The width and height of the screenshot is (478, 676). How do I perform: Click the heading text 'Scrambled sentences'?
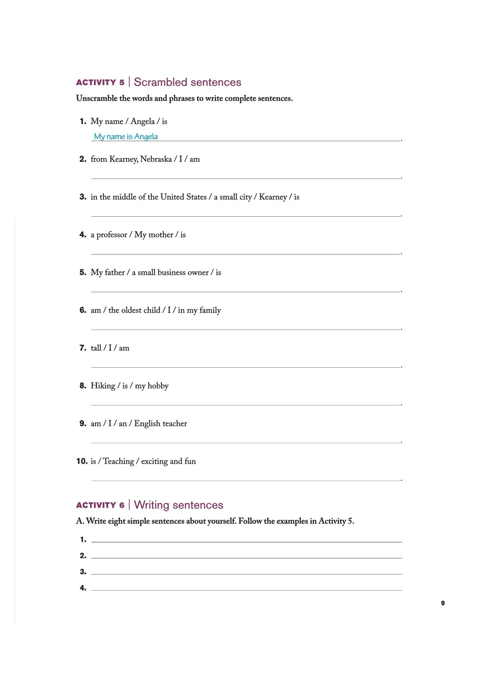pos(187,82)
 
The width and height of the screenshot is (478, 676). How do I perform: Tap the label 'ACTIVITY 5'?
pos(100,83)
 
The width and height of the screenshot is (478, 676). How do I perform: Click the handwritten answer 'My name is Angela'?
pos(126,137)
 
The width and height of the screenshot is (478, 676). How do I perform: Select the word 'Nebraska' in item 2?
pos(156,159)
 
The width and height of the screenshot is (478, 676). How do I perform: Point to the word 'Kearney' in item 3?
pos(273,197)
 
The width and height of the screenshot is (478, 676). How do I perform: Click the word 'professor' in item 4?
pos(112,235)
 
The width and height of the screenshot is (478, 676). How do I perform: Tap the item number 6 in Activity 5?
pos(83,310)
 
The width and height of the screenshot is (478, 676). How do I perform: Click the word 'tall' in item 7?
pos(96,348)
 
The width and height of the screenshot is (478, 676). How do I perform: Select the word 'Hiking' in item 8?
pos(103,386)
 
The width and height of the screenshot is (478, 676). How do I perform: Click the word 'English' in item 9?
pos(147,424)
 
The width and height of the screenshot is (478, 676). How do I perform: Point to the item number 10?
pos(82,461)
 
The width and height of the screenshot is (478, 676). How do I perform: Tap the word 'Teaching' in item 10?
pos(118,462)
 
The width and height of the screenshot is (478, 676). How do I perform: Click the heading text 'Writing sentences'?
pos(178,505)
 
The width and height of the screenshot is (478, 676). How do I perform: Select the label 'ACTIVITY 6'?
pos(100,505)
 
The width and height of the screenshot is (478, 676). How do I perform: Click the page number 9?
pos(443,603)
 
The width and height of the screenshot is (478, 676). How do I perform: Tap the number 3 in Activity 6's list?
pos(83,572)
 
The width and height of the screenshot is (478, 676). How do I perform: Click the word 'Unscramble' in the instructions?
pos(96,99)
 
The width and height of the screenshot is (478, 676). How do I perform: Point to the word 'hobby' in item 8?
pos(158,386)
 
